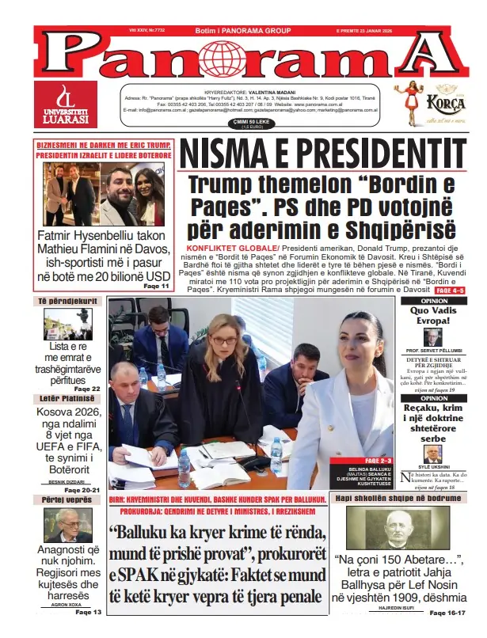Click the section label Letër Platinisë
click(x=70, y=398)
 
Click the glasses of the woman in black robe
click(x=224, y=341)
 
